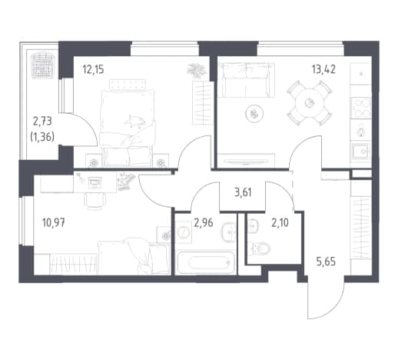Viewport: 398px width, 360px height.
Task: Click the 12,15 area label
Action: (x=93, y=69)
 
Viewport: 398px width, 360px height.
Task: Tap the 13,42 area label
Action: (x=323, y=69)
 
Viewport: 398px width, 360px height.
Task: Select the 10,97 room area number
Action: (x=54, y=222)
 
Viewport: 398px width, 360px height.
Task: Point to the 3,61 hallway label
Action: (x=243, y=192)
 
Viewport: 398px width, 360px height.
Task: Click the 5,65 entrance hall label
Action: (x=326, y=262)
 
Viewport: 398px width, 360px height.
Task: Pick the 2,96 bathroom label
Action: (x=204, y=223)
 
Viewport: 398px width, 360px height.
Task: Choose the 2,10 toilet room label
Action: (x=280, y=223)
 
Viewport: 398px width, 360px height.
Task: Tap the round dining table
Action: (x=310, y=103)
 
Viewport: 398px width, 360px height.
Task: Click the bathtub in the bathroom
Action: (x=206, y=262)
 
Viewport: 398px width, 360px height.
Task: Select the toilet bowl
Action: (x=261, y=248)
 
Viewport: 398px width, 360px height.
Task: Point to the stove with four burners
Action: (x=361, y=108)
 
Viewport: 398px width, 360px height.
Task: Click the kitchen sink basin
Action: (x=361, y=152)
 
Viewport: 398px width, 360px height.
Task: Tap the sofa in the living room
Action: (x=246, y=80)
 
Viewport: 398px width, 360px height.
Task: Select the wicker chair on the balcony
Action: (x=43, y=65)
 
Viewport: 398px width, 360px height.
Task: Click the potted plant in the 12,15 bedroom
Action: (x=197, y=70)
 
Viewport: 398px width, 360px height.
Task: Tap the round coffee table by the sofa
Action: (x=254, y=113)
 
